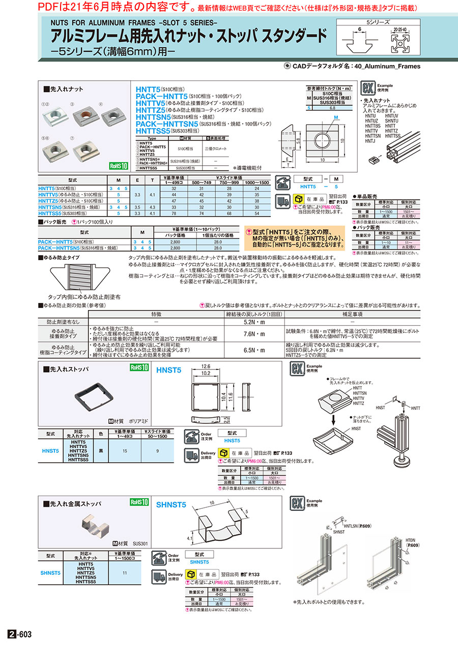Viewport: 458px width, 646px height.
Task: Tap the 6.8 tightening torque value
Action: [x=331, y=108]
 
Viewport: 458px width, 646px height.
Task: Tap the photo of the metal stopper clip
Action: [x=94, y=524]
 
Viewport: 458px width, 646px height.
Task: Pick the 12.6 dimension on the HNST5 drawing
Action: [x=206, y=366]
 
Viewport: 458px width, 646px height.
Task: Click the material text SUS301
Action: [x=140, y=543]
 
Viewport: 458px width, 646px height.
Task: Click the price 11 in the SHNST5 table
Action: [x=125, y=572]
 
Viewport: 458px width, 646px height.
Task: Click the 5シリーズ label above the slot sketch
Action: [x=378, y=23]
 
